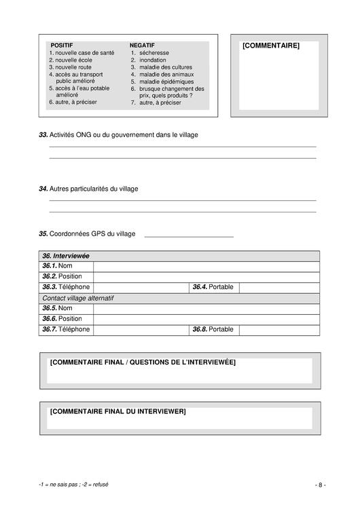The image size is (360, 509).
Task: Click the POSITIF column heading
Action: (62, 45)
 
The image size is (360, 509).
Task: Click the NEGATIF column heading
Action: (142, 45)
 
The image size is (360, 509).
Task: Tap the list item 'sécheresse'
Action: (154, 52)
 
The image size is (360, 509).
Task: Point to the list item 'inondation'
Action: (153, 60)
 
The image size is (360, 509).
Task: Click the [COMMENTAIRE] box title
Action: (270, 45)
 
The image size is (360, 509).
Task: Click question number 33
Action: (43, 135)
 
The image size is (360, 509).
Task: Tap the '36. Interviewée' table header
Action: (66, 256)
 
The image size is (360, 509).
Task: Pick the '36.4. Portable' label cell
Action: (213, 287)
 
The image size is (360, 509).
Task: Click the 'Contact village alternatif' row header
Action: (77, 298)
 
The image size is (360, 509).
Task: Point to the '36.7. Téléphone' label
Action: (66, 329)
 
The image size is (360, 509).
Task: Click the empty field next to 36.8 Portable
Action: (279, 329)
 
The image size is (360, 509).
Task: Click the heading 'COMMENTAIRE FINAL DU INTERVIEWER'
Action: (118, 411)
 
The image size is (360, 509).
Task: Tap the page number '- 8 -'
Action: (320, 485)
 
